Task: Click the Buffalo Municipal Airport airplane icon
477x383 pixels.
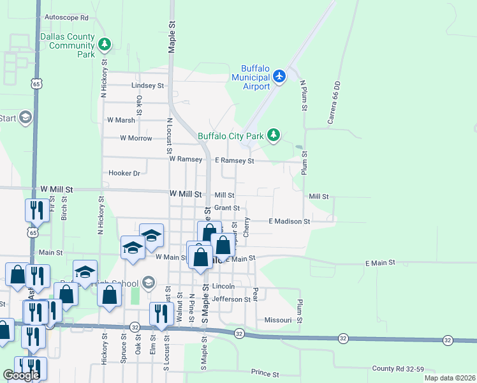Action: (279, 76)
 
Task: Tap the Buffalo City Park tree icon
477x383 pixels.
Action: (274, 135)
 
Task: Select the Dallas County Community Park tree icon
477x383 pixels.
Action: (105, 45)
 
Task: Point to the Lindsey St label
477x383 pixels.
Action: (147, 85)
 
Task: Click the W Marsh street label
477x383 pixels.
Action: (121, 120)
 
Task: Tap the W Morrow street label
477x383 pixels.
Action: (136, 138)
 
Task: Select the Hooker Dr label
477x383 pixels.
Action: (124, 173)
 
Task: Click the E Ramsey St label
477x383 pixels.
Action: (235, 161)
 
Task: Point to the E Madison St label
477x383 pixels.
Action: (289, 222)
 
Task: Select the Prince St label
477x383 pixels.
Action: (266, 372)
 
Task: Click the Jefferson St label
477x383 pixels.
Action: (231, 299)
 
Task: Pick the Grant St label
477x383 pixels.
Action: (227, 208)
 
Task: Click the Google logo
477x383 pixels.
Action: (21, 375)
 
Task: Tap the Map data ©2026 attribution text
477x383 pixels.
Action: (450, 378)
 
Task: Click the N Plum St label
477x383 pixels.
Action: (304, 96)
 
